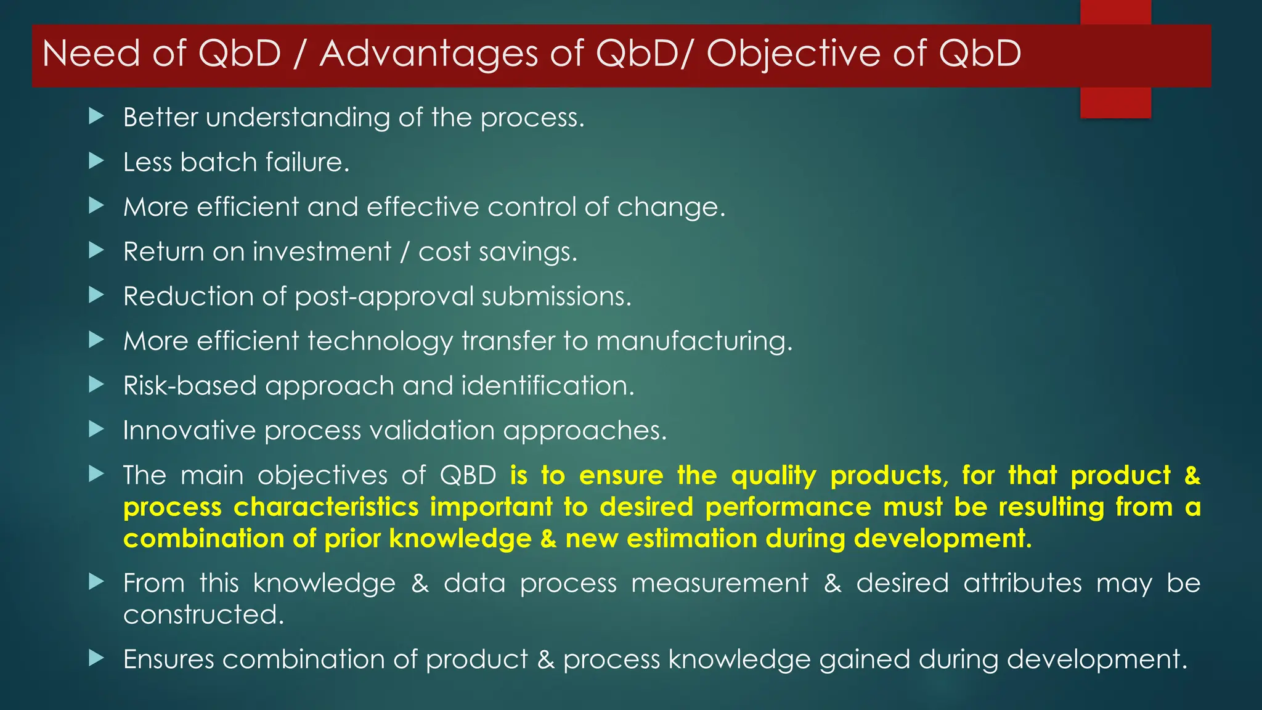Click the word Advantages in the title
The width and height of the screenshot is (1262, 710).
[x=429, y=54]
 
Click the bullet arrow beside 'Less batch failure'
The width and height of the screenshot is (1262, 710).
[x=96, y=161]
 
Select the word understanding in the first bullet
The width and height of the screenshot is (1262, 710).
[x=298, y=118]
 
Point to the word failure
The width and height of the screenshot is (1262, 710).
[x=307, y=162]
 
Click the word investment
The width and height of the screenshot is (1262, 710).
[x=322, y=251]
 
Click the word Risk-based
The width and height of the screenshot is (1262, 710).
[x=189, y=386]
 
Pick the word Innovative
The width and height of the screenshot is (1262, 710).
[x=189, y=430]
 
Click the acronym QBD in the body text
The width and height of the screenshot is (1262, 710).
[x=468, y=475]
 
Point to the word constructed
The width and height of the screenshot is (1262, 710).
[x=203, y=614]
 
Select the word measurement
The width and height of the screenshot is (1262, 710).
[x=719, y=583]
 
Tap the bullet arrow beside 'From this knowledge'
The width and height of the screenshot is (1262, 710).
[x=96, y=581]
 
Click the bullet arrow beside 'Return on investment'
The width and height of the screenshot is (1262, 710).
[x=96, y=250]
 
